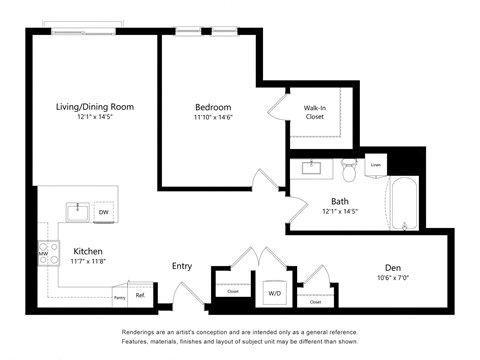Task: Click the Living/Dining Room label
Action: coord(95,106)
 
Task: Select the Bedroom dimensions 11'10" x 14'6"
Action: coord(213,118)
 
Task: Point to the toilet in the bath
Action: coord(350,171)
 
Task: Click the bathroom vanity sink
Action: coord(312,168)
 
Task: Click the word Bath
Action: coord(340,201)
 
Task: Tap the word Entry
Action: coord(182,266)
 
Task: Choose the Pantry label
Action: coord(119,297)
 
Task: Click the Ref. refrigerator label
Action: coord(141,295)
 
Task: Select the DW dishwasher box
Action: coord(104,212)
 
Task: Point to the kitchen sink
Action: coord(77,211)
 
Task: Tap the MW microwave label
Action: coord(43,254)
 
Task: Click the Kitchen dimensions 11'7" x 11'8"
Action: coord(87,261)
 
